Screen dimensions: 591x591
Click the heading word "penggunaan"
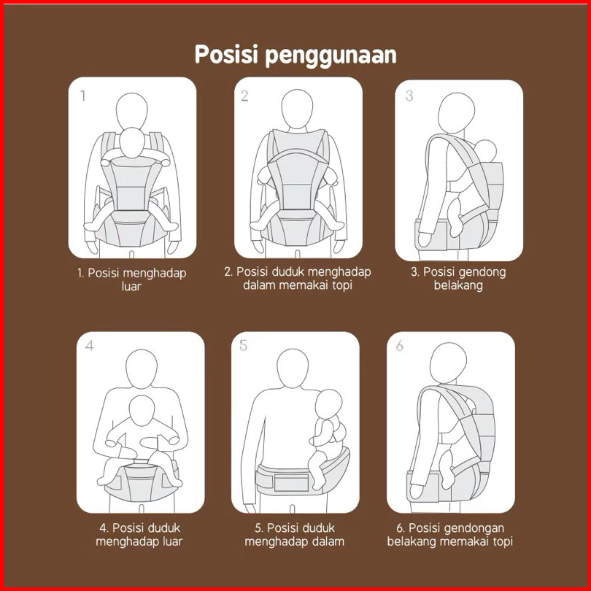tap(331, 55)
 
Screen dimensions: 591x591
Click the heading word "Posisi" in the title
tap(226, 54)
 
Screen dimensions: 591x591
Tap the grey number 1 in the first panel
tap(83, 96)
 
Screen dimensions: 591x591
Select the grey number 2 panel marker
tap(244, 96)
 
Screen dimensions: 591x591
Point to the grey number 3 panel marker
tap(409, 96)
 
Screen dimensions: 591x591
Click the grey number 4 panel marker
tap(89, 345)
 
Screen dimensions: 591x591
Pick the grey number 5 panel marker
tap(244, 345)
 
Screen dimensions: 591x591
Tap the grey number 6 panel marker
tap(400, 345)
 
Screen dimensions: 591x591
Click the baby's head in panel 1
tap(132, 142)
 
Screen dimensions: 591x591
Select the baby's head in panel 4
tap(142, 411)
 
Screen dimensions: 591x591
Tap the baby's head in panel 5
tap(328, 405)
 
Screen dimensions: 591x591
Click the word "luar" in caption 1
tap(131, 287)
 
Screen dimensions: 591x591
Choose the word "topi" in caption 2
tap(342, 285)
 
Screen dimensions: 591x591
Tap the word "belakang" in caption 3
tap(458, 285)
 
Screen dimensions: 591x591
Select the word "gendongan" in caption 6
tap(475, 528)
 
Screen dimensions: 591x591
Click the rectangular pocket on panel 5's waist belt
tap(291, 482)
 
